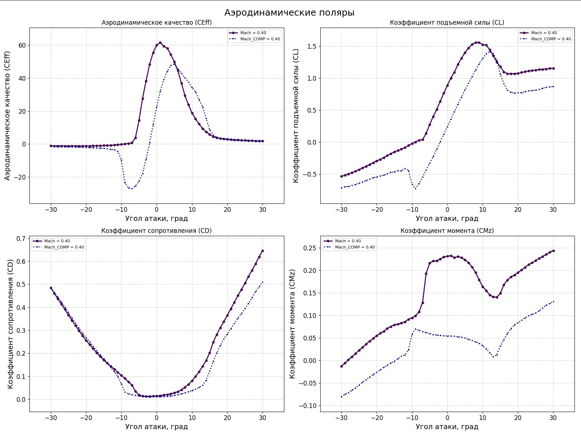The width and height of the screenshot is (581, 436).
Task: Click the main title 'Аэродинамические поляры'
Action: pyautogui.click(x=289, y=13)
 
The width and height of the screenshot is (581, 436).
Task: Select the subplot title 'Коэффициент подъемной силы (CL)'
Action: pyautogui.click(x=447, y=23)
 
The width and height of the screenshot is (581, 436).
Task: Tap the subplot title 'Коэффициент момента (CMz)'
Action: pyautogui.click(x=447, y=231)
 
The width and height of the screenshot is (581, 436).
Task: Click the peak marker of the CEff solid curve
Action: pyautogui.click(x=160, y=43)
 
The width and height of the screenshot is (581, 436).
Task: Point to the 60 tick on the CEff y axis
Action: pyautogui.click(x=22, y=45)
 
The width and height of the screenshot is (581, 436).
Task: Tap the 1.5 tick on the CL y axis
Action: pyautogui.click(x=312, y=47)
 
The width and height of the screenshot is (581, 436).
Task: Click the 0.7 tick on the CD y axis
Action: pyautogui.click(x=21, y=239)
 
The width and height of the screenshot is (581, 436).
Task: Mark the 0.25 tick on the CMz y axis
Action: pyautogui.click(x=310, y=248)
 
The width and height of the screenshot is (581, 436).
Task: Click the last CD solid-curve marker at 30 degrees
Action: pyautogui.click(x=263, y=251)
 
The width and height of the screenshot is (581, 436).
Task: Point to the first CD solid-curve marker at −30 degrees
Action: pyautogui.click(x=51, y=288)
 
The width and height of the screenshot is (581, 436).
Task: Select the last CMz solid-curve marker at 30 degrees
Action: pyautogui.click(x=553, y=251)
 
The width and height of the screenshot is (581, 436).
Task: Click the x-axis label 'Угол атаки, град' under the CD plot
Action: pyautogui.click(x=157, y=427)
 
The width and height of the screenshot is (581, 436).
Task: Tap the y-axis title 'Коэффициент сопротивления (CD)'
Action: pyautogui.click(x=10, y=324)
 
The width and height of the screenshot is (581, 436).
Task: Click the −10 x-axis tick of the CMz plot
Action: pyautogui.click(x=412, y=418)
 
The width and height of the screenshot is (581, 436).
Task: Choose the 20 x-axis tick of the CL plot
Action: pyautogui.click(x=518, y=210)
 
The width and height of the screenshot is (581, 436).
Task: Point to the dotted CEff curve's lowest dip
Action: pyautogui.click(x=131, y=189)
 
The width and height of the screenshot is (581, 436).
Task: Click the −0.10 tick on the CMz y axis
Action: pyautogui.click(x=308, y=406)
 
